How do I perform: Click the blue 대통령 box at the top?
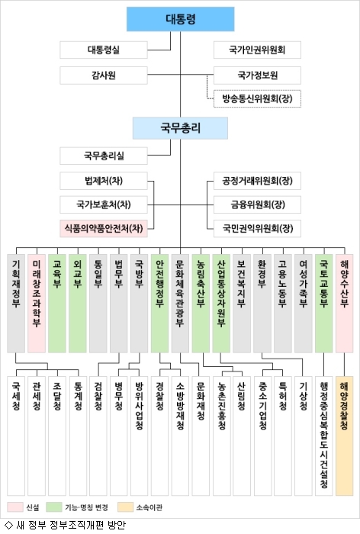[x=181, y=19]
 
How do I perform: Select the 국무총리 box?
[x=180, y=128]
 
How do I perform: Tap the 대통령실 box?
[x=104, y=50]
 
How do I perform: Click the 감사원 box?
[x=104, y=76]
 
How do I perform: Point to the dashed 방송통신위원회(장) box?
[x=257, y=98]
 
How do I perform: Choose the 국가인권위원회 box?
[x=257, y=50]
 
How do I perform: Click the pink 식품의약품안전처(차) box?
[x=104, y=228]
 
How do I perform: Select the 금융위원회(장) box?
[x=257, y=204]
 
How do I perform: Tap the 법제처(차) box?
[x=104, y=181]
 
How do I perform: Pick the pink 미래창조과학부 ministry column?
[x=37, y=304]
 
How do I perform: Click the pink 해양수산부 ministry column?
[x=344, y=304]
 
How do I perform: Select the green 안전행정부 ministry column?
[x=159, y=304]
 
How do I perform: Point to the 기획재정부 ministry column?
[x=16, y=304]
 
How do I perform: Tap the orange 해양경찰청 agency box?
[x=344, y=436]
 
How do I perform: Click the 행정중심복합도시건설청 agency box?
[x=324, y=436]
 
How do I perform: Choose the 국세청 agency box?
[x=16, y=436]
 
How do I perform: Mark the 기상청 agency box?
[x=303, y=436]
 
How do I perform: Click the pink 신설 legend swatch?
[x=15, y=507]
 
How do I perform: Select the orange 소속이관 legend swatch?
[x=126, y=507]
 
